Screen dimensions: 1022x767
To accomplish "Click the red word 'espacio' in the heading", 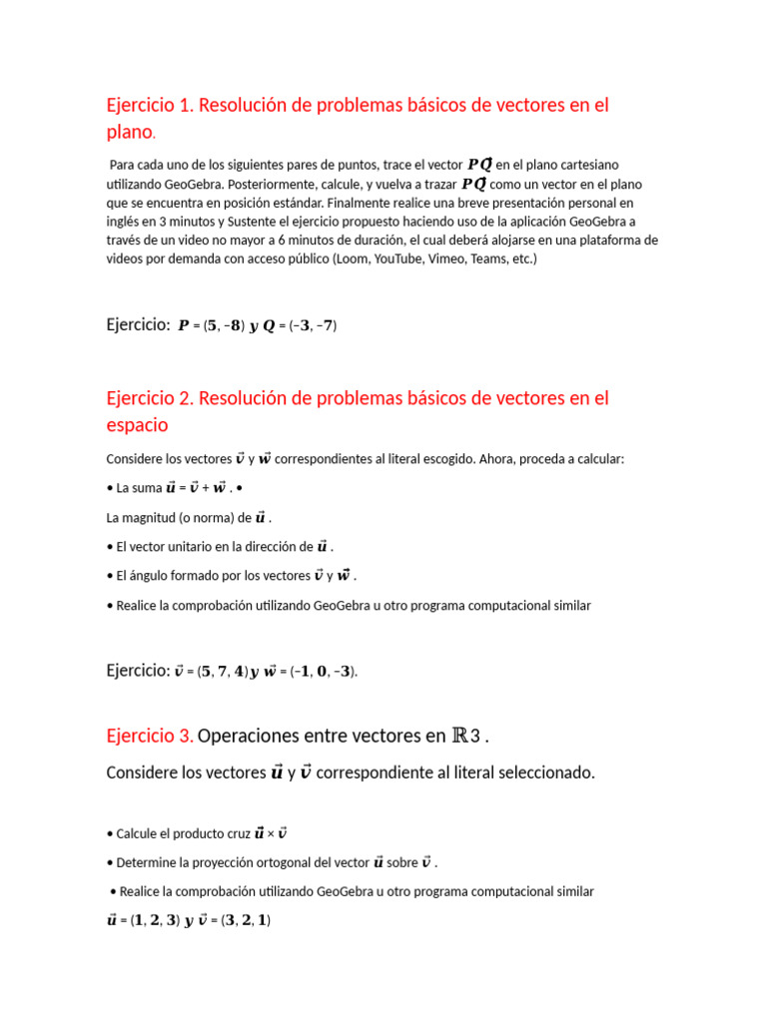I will [x=137, y=425].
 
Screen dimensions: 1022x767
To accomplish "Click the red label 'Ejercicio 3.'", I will [x=150, y=737].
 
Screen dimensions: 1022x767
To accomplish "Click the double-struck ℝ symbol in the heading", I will [x=460, y=737].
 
